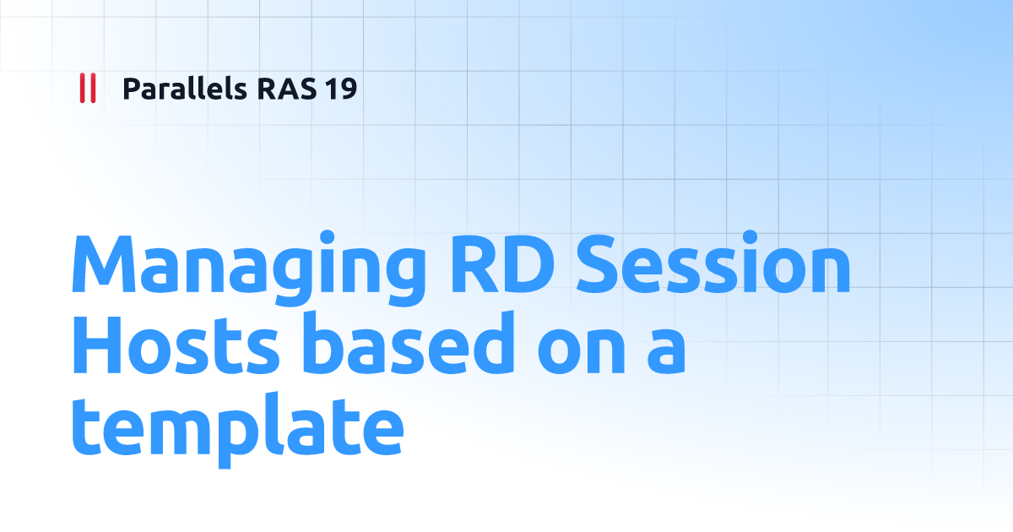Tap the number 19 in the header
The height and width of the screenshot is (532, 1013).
[340, 88]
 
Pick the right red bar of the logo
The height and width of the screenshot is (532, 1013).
[92, 88]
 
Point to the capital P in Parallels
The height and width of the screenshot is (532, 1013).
[131, 88]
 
